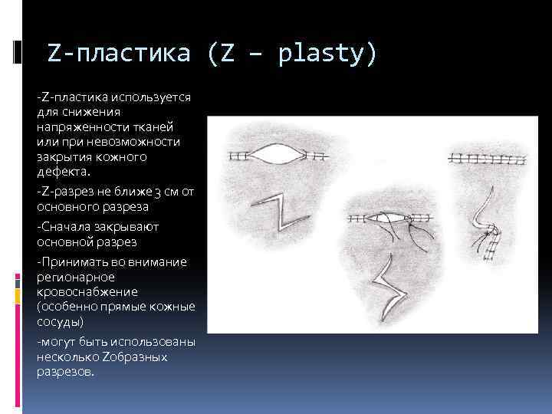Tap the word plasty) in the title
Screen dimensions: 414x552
click(x=328, y=54)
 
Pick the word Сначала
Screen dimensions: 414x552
click(x=67, y=227)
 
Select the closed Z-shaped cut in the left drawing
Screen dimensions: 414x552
click(x=275, y=214)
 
